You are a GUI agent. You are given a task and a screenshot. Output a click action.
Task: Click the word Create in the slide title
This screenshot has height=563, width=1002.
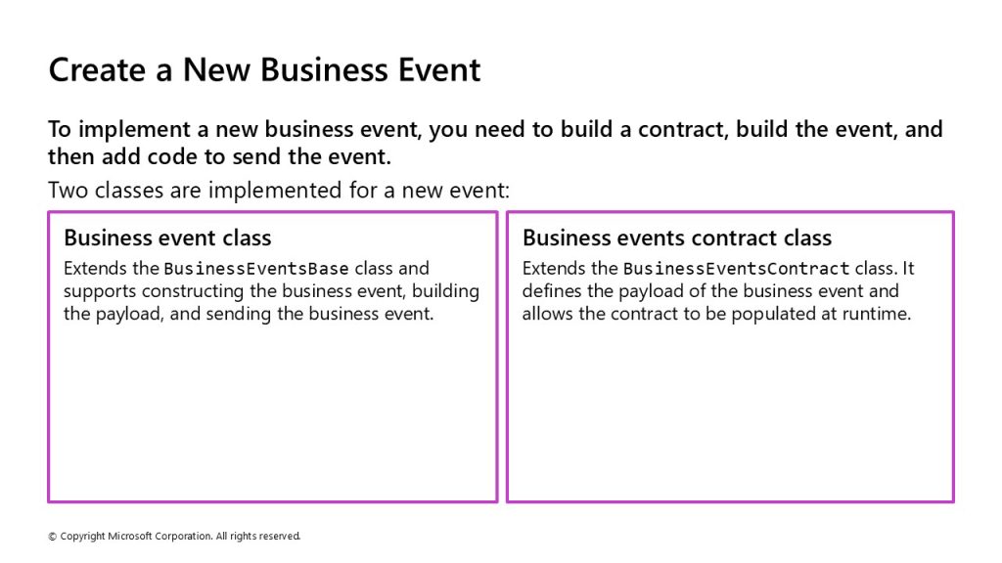click(97, 69)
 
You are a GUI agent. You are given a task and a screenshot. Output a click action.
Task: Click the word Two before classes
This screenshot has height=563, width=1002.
click(68, 191)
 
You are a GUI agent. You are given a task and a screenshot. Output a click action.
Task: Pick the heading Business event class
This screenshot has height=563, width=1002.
click(167, 238)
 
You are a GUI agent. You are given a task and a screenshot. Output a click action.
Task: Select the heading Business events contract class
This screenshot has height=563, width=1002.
click(677, 238)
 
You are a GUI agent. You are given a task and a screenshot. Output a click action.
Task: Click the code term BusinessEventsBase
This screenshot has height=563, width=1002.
click(256, 269)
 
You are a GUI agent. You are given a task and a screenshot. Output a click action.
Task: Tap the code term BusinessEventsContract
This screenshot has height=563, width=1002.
click(736, 269)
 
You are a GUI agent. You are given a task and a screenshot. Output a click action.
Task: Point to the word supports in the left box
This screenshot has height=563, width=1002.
click(100, 291)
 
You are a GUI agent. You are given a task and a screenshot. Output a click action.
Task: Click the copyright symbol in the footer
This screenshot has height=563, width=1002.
click(53, 537)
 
